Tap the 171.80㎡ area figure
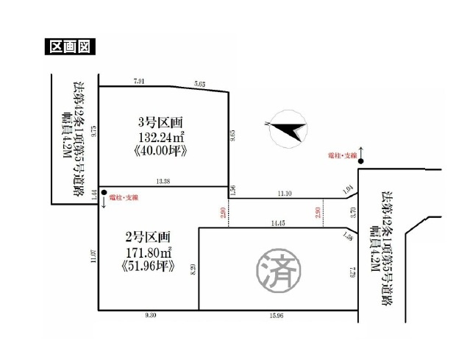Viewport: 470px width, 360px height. click(149, 252)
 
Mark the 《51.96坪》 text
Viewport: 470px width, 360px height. click(149, 266)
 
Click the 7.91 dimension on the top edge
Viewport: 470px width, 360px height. click(140, 81)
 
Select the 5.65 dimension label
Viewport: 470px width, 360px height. click(201, 83)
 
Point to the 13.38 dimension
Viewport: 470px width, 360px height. click(163, 180)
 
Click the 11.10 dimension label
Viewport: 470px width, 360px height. click(286, 193)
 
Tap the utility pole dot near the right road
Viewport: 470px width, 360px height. click(360, 160)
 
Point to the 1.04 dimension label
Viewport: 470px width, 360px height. click(348, 191)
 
